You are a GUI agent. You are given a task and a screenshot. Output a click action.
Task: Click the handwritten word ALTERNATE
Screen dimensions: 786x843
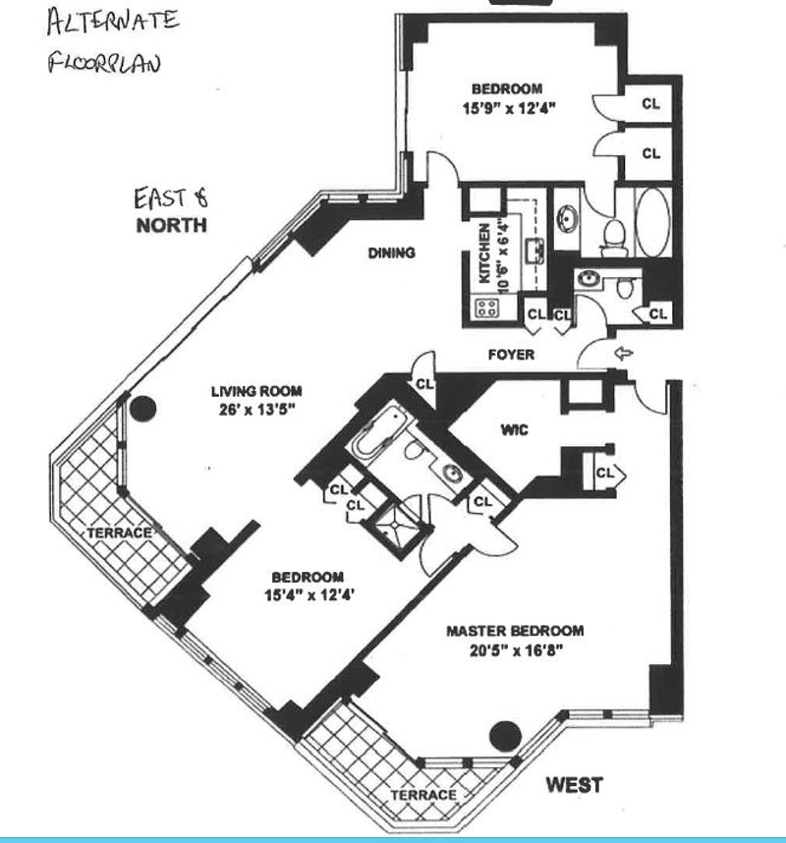111,21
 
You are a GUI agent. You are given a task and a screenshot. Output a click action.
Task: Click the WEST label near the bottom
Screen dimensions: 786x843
574,785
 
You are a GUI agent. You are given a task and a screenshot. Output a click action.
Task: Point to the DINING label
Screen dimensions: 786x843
391,253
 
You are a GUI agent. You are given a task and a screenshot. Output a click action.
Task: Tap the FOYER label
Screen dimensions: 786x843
511,355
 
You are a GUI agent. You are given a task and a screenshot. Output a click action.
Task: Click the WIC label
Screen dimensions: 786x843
516,428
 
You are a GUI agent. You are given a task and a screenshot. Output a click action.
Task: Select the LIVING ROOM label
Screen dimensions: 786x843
255,390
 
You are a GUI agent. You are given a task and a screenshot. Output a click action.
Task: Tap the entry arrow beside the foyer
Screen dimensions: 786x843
623,353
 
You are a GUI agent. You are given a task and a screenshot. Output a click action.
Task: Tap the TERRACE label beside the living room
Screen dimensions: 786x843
119,533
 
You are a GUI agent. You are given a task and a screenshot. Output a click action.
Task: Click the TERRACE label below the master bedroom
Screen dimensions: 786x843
423,794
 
